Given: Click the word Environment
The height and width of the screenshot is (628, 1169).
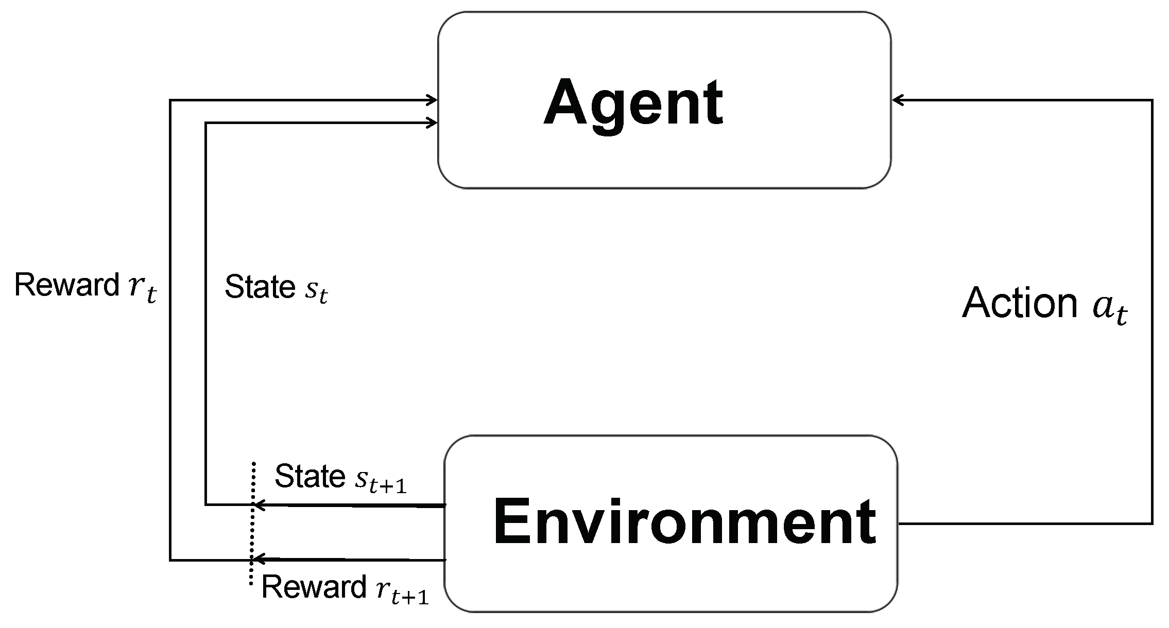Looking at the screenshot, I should tap(684, 522).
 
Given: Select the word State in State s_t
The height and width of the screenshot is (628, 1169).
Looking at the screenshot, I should tap(260, 287).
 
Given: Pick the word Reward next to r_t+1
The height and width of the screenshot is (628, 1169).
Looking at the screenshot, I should tap(314, 587).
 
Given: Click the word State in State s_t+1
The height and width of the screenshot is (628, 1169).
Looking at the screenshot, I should tap(310, 476).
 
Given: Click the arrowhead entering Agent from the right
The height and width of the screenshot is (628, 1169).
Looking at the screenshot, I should tap(897, 100).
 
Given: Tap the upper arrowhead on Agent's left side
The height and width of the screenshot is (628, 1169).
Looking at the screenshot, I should tap(432, 100).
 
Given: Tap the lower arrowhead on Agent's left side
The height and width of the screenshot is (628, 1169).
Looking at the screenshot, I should tap(432, 123).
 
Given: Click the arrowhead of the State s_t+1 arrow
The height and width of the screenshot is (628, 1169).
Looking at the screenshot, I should tap(259, 505).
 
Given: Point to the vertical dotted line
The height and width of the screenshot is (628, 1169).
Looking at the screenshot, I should tap(252, 530).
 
